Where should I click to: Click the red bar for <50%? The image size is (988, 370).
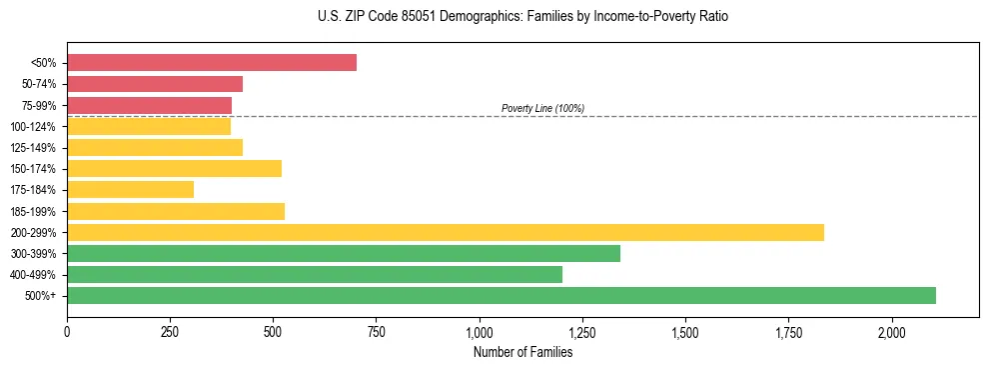[212, 63]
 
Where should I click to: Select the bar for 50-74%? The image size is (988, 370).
[155, 84]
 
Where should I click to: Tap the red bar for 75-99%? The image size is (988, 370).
[149, 105]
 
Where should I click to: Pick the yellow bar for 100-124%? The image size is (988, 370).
[149, 126]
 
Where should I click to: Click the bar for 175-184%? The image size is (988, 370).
[130, 189]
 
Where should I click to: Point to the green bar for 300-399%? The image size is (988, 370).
[344, 253]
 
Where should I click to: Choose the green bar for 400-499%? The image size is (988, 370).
[315, 274]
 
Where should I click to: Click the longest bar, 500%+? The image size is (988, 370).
[501, 295]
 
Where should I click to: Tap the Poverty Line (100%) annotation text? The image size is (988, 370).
[542, 108]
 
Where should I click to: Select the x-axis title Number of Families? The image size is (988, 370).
[522, 351]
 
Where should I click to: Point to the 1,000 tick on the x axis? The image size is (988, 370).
[480, 331]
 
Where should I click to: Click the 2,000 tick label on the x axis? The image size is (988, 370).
[892, 331]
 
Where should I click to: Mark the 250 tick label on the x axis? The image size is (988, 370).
[170, 331]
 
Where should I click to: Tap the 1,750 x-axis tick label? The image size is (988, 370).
[788, 331]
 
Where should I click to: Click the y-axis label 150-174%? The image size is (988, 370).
[34, 169]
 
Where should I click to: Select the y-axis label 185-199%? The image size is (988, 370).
[34, 211]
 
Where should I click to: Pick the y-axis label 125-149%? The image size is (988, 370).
[34, 148]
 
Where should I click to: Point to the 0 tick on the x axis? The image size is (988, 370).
[67, 331]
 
